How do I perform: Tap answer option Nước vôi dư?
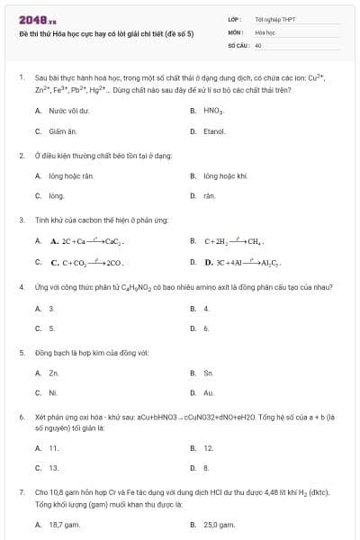tap(68, 111)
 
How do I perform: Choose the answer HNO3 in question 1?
tap(213, 111)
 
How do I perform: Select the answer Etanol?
tap(214, 131)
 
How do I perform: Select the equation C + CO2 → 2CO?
tap(86, 263)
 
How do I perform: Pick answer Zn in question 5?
tap(54, 372)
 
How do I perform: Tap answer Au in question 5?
tap(209, 393)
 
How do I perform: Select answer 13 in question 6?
tap(54, 468)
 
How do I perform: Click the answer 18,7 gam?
tap(66, 524)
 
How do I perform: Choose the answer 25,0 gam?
tap(219, 524)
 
